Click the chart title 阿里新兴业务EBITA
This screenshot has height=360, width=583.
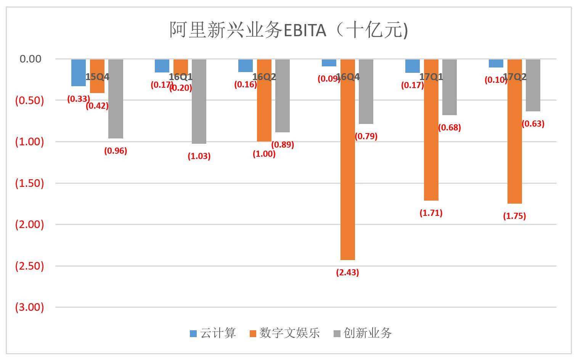288,30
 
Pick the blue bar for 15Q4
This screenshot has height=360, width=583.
79,72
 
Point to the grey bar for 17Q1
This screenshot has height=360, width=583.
449,88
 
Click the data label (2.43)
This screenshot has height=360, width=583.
347,272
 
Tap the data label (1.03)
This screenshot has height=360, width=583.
199,156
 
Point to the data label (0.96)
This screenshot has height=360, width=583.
116,151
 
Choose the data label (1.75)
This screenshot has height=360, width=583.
514,216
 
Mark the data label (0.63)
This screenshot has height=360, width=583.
533,124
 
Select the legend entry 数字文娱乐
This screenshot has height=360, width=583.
284,333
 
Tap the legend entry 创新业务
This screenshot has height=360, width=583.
363,333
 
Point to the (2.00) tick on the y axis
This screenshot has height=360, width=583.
29,224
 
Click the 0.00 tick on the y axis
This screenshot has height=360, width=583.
30,59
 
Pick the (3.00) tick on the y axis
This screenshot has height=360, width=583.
29,307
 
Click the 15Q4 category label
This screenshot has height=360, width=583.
97,77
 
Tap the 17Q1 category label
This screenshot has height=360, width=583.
431,77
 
